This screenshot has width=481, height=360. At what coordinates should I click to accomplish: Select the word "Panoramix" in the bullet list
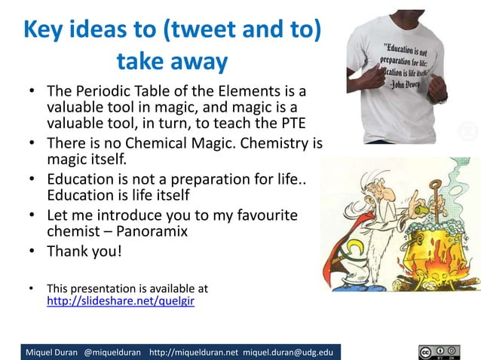pos(146,232)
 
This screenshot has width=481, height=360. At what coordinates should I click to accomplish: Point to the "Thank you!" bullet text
pos(84,252)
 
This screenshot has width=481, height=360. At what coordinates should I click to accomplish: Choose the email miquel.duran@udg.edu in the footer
pos(291,352)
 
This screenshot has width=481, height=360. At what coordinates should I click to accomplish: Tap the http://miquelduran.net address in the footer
pos(195,352)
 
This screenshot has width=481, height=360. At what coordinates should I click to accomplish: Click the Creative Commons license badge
pos(440,351)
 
